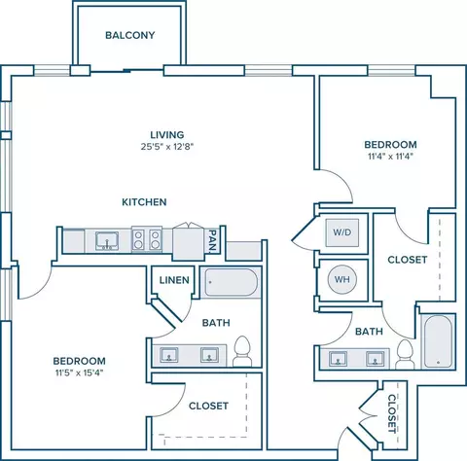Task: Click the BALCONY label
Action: pyautogui.click(x=130, y=35)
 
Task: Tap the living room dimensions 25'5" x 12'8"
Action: pyautogui.click(x=167, y=147)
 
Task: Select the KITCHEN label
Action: pyautogui.click(x=144, y=202)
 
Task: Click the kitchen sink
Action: pyautogui.click(x=107, y=241)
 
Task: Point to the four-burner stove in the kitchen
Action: pyautogui.click(x=147, y=239)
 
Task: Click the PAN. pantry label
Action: pyautogui.click(x=212, y=241)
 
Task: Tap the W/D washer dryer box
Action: pyautogui.click(x=342, y=232)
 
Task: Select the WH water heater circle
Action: pyautogui.click(x=341, y=279)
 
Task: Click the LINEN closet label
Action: pyautogui.click(x=174, y=280)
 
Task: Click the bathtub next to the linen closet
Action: pyautogui.click(x=232, y=282)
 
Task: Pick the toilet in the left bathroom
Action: pyautogui.click(x=242, y=351)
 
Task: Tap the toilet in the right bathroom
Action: pyautogui.click(x=405, y=354)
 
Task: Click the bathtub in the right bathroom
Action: pyautogui.click(x=438, y=341)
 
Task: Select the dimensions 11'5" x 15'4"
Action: pyautogui.click(x=79, y=372)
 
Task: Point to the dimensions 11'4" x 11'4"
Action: pyautogui.click(x=390, y=157)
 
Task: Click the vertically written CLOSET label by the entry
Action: pyautogui.click(x=392, y=413)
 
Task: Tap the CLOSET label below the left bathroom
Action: pyautogui.click(x=208, y=406)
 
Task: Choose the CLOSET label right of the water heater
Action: pyautogui.click(x=408, y=260)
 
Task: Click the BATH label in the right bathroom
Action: pyautogui.click(x=369, y=332)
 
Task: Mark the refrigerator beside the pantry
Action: pyautogui.click(x=189, y=242)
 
